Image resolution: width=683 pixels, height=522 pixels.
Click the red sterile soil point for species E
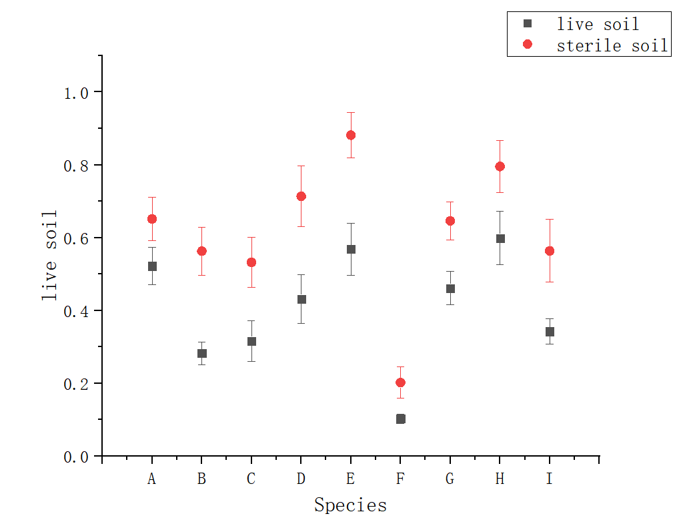[x=351, y=135]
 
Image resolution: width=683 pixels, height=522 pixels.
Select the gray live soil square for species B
[x=201, y=353]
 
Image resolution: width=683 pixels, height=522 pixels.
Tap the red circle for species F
[x=400, y=382]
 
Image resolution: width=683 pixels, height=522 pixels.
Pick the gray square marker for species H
[x=500, y=238]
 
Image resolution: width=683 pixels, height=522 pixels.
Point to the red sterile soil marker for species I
[x=550, y=251]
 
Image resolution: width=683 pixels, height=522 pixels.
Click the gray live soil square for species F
[x=400, y=419]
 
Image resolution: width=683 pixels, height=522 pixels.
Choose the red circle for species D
[x=301, y=196]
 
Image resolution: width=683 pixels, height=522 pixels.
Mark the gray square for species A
[x=152, y=266]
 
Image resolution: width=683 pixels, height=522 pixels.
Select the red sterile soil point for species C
[x=251, y=262]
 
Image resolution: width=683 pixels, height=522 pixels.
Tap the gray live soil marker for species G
[x=450, y=288]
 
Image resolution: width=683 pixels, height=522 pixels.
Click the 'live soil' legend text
[x=598, y=25]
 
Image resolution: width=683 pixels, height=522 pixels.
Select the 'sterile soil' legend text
[x=612, y=45]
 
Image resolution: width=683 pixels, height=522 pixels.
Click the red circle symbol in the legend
[x=528, y=44]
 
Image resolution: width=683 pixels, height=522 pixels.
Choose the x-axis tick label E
[x=351, y=479]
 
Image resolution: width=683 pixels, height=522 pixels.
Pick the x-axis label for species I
[x=550, y=479]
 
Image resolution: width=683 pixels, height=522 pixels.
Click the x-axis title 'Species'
[x=350, y=505]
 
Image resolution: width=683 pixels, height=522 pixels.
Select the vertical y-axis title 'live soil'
[x=49, y=256]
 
